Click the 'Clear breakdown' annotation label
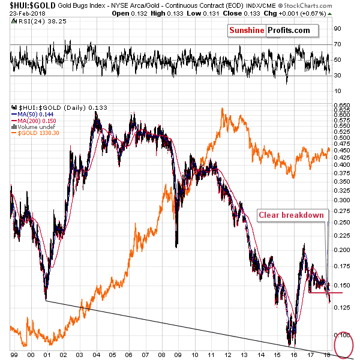292,215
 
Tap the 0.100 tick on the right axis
341,335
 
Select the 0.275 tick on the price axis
341,211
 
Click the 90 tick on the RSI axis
338,28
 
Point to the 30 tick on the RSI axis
338,75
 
